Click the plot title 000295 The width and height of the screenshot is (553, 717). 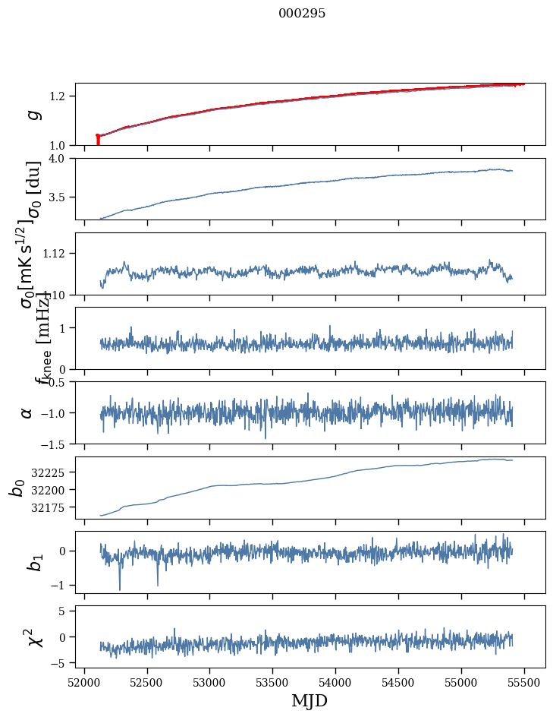[302, 14]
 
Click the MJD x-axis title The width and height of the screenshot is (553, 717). [309, 701]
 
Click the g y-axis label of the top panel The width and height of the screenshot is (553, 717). [32, 114]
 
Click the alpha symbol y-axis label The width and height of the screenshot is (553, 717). [27, 412]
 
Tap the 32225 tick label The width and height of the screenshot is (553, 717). [51, 472]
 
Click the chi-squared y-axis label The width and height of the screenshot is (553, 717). [32, 636]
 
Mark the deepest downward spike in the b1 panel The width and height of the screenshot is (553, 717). [119, 589]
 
